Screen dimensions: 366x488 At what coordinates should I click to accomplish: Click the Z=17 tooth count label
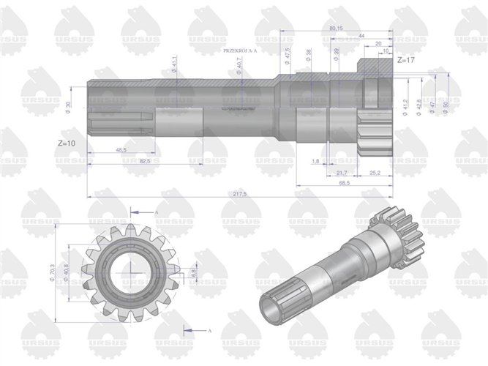(x=406, y=61)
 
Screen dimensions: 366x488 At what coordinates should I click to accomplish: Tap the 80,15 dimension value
(x=337, y=28)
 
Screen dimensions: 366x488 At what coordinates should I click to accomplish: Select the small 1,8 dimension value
(x=315, y=161)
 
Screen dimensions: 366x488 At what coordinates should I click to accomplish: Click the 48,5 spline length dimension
(x=123, y=149)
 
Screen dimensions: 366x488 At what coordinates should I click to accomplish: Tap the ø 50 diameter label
(x=446, y=106)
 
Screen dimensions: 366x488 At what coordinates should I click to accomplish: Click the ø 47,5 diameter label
(x=288, y=58)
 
